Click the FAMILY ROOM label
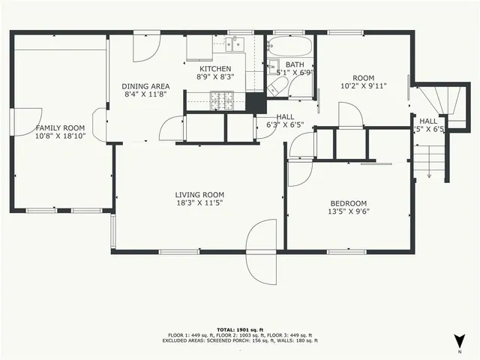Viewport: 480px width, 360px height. click(x=60, y=127)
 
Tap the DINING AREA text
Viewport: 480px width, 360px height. click(x=145, y=86)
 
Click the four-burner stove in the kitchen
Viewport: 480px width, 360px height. click(x=221, y=99)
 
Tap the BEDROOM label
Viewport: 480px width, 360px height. click(x=349, y=202)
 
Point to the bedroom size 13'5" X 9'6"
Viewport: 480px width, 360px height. click(x=349, y=211)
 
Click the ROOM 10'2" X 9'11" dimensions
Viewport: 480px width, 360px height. click(x=363, y=85)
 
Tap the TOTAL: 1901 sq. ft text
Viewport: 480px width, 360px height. click(x=239, y=330)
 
